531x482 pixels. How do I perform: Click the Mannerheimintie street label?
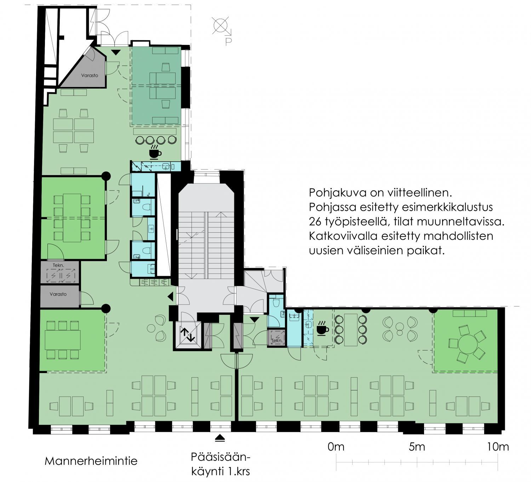click(91, 461)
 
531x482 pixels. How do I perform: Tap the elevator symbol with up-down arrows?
click(187, 335)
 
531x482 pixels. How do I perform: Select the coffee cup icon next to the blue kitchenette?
click(323, 329)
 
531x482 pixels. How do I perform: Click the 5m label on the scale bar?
click(417, 447)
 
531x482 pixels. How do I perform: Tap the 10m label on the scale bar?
click(498, 447)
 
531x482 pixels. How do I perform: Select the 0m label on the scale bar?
click(336, 447)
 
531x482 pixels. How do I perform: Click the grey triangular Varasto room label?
click(90, 75)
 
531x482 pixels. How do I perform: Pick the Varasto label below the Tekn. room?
click(58, 294)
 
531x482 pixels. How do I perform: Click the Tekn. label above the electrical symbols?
click(58, 265)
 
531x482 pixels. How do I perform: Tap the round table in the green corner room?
click(468, 344)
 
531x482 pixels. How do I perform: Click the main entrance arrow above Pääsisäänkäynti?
click(220, 439)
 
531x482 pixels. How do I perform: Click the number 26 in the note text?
click(315, 221)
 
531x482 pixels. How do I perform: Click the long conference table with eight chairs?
click(72, 218)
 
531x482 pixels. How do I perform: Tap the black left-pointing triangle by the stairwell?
click(171, 297)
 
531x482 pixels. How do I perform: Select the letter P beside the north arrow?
click(228, 42)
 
